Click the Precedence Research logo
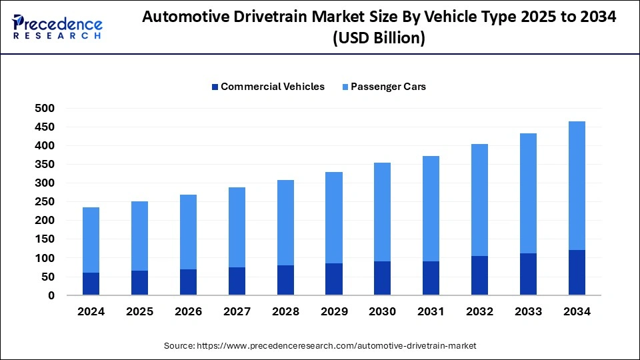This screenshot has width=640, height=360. pos(57,27)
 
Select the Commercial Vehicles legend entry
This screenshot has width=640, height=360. pos(267,87)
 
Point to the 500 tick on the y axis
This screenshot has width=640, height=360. pos(45,108)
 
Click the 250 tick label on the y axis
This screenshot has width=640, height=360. pos(45,201)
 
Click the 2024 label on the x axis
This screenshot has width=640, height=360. pos(91,311)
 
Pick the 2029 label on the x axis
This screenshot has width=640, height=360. pos(334,311)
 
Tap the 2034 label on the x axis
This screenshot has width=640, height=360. pos(577,311)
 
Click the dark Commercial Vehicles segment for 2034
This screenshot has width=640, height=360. pos(577,273)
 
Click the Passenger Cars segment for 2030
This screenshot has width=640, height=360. pos(383,212)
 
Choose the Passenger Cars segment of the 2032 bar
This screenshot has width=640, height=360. pos(480,200)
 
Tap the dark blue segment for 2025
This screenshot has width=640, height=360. pos(139,283)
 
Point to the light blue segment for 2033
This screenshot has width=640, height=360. pos(529,193)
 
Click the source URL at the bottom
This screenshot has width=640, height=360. pos(320,346)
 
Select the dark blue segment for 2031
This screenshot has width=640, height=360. pos(431,278)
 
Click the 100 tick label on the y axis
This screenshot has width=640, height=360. pos(45,258)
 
